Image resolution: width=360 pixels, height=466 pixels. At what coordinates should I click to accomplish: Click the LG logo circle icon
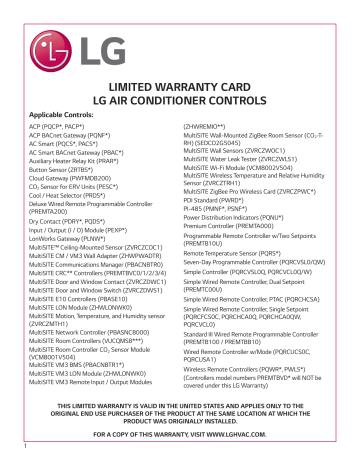tap(151, 42)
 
